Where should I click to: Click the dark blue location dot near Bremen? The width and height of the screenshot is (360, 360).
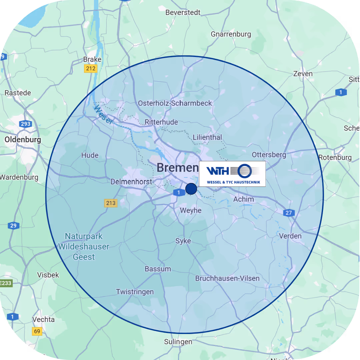(x=191, y=189)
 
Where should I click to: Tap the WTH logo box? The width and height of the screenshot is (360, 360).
(x=232, y=174)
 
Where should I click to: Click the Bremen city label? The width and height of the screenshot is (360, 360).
(x=177, y=168)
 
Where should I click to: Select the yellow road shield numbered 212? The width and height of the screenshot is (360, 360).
(x=90, y=69)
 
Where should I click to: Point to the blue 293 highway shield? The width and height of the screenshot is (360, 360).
(x=25, y=124)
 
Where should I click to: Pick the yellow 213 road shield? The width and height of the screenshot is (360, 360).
(x=111, y=203)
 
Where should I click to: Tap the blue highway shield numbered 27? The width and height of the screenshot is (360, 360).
(x=288, y=213)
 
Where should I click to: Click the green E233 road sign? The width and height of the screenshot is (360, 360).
(x=6, y=283)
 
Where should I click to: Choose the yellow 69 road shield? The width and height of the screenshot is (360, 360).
(x=37, y=331)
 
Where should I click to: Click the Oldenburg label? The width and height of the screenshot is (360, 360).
(x=23, y=140)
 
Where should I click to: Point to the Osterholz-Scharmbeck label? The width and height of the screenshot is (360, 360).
(x=175, y=103)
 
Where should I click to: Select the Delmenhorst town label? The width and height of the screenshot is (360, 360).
(x=131, y=182)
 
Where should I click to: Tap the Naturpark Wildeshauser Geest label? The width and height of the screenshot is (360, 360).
(x=84, y=247)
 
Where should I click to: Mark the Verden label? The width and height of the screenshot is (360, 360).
(x=290, y=236)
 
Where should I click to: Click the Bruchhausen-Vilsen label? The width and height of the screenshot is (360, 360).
(x=227, y=278)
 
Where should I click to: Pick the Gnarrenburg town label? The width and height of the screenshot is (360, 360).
(x=231, y=34)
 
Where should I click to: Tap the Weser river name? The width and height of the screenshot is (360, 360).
(x=103, y=114)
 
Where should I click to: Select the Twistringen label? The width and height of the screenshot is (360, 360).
(x=135, y=292)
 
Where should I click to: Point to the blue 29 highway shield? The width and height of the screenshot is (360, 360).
(x=13, y=226)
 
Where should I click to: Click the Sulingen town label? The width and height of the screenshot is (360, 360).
(x=178, y=342)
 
